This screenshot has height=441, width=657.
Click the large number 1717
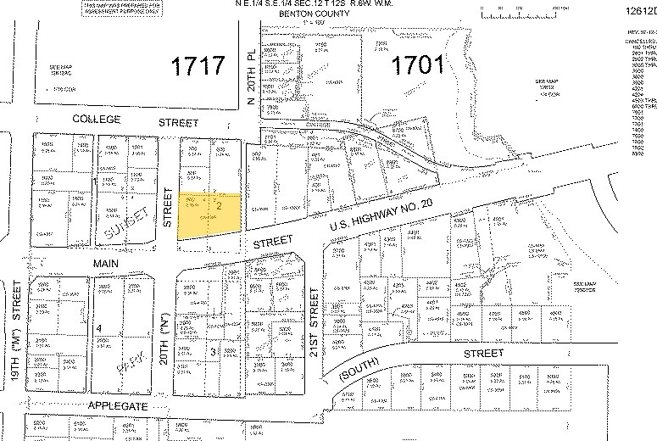pyautogui.click(x=198, y=66)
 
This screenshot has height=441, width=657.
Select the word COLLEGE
pyautogui.click(x=97, y=120)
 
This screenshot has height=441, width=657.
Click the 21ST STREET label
pyautogui.click(x=315, y=325)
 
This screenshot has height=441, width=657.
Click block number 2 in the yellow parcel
pyautogui.click(x=219, y=204)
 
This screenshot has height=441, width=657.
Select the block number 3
pyautogui.click(x=213, y=350)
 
